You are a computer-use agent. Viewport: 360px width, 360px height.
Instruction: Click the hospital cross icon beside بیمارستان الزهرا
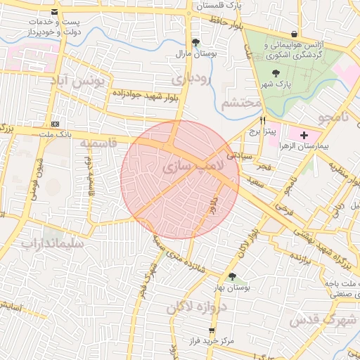point(304,135)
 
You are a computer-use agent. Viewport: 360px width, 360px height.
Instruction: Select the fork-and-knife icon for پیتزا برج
point(262,120)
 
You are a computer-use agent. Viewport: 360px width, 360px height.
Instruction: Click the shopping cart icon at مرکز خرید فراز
point(212,330)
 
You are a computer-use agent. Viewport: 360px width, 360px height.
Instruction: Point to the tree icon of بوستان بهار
point(232,276)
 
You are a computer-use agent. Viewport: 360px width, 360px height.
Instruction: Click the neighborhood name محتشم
point(241,104)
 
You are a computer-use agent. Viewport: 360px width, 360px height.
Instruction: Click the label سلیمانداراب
point(52,244)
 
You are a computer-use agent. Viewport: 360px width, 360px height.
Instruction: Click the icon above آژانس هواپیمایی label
point(293,33)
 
